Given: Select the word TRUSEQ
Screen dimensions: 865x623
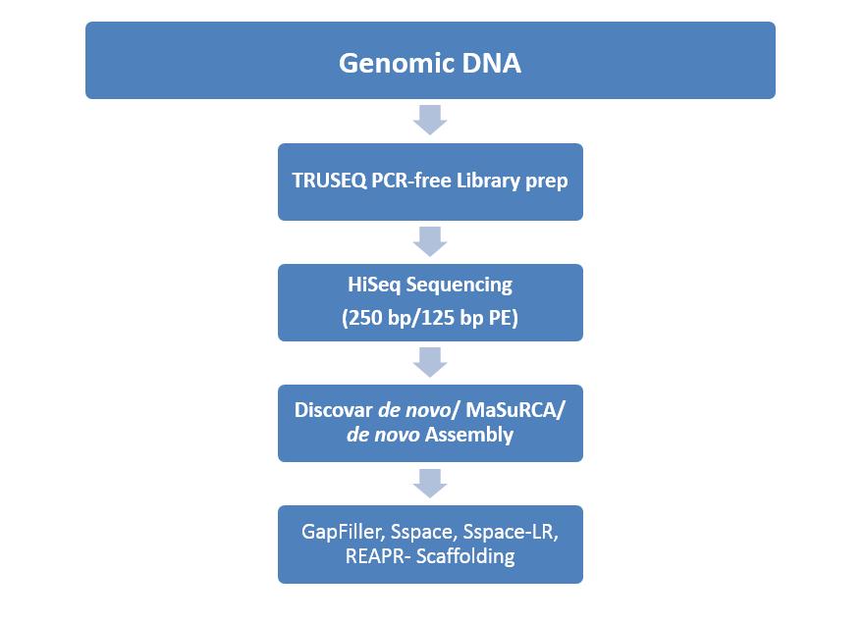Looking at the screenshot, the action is [329, 181].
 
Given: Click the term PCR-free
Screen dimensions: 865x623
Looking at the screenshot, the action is [411, 181].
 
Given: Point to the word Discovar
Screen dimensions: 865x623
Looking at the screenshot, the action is [334, 410].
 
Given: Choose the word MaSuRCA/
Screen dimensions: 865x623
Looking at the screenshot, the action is [515, 410].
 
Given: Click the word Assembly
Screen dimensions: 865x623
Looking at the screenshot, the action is [469, 435].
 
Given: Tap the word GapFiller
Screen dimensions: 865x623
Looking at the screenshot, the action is [343, 532].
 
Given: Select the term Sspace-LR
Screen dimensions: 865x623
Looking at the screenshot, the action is [511, 532].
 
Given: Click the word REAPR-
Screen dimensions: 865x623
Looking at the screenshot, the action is [378, 556].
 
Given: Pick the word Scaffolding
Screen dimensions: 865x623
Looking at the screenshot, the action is [465, 556].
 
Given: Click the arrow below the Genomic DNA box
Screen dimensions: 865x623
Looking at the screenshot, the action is [430, 120].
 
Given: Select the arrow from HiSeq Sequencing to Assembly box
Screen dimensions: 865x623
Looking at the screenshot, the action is [430, 362].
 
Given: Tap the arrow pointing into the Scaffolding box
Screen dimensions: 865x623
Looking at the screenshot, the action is [430, 484].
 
